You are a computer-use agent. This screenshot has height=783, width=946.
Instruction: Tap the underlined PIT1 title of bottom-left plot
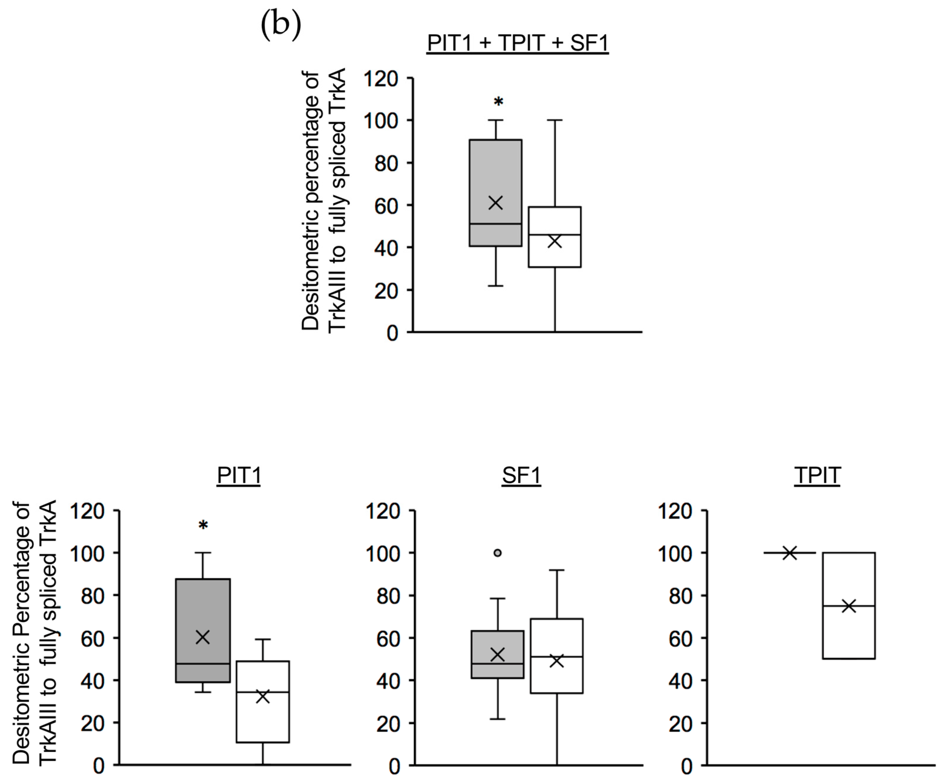point(239,475)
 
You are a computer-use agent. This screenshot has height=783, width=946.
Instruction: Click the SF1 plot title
point(521,475)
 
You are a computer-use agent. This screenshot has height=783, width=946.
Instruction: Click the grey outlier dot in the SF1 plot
point(497,553)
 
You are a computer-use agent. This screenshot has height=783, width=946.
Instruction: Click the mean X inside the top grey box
point(495,203)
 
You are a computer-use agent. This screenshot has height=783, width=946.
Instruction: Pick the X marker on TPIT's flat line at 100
point(789,553)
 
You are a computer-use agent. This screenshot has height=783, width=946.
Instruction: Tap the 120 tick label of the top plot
point(381,79)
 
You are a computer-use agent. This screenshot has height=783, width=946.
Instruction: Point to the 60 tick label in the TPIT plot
point(680,638)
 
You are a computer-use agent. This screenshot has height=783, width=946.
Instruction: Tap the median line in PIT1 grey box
point(203,664)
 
